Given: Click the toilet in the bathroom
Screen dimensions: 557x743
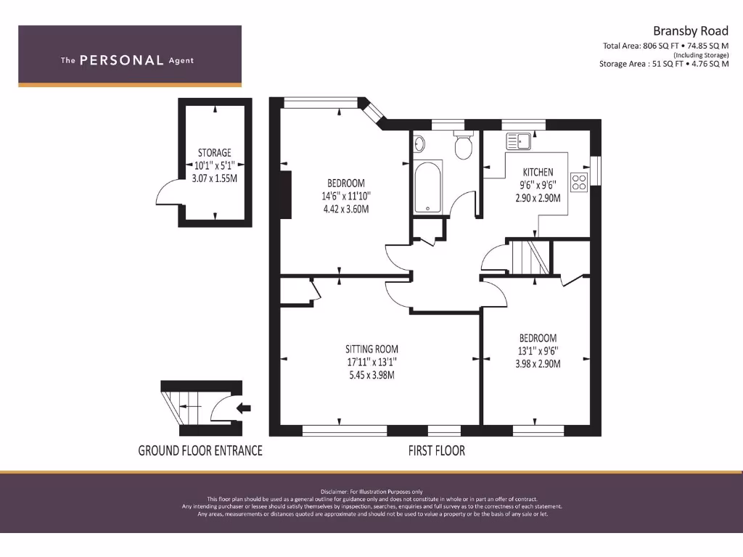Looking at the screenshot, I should [462, 147].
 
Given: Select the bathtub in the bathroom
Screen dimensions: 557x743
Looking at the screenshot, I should [428, 187].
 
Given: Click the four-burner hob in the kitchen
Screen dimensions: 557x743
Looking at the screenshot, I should [579, 181].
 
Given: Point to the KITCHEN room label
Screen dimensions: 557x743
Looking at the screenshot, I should [538, 172].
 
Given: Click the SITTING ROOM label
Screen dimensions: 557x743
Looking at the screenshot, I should [371, 349].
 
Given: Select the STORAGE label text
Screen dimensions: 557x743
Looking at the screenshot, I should [215, 152].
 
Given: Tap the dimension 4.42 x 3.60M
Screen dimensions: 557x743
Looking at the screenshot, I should [346, 210].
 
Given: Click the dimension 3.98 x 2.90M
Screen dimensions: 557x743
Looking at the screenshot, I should [537, 363].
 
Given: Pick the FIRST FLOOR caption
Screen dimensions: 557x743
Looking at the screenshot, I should [436, 450].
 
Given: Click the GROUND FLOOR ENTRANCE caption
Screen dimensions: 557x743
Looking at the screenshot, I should [200, 450].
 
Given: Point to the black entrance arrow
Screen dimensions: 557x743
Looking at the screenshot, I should [244, 408].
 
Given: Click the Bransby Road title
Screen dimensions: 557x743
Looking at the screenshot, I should [690, 30].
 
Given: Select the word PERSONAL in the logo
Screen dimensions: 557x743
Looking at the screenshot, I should [121, 61].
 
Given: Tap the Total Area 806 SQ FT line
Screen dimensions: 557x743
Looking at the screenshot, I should [665, 46].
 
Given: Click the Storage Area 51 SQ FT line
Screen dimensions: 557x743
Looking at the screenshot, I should [664, 64].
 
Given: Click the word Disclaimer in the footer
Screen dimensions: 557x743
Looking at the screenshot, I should [336, 492].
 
